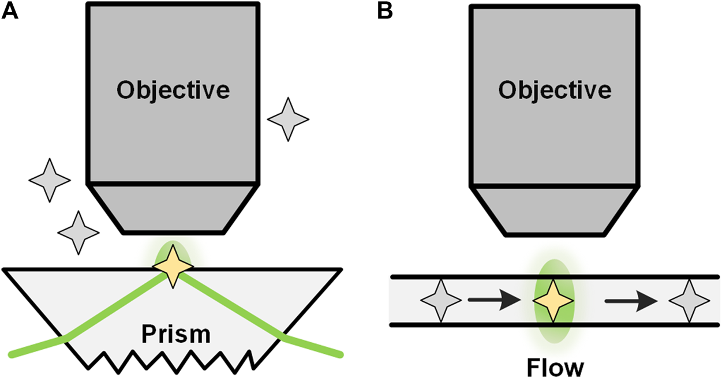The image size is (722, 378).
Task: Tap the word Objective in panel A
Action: click(x=173, y=90)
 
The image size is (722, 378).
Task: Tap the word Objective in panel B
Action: click(x=555, y=91)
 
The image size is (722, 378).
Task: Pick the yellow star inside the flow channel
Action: click(x=553, y=301)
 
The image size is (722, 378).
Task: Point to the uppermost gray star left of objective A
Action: click(x=50, y=179)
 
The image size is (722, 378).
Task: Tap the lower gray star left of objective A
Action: click(x=78, y=233)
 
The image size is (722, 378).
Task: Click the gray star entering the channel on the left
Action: click(x=442, y=301)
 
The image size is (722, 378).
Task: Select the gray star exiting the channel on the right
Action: click(x=689, y=301)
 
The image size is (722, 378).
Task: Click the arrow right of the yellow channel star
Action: click(x=631, y=301)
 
